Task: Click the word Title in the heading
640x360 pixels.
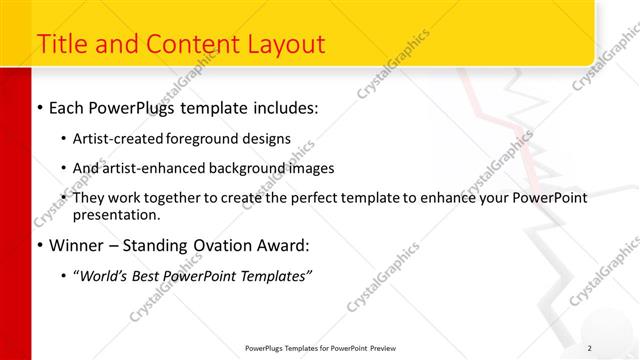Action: [x=62, y=44]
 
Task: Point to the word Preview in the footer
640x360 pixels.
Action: [x=391, y=347]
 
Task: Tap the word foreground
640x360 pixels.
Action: [x=211, y=138]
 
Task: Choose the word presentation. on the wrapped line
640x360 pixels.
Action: [x=116, y=214]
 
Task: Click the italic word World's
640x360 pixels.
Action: [x=104, y=276]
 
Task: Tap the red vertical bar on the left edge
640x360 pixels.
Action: [x=10, y=200]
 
